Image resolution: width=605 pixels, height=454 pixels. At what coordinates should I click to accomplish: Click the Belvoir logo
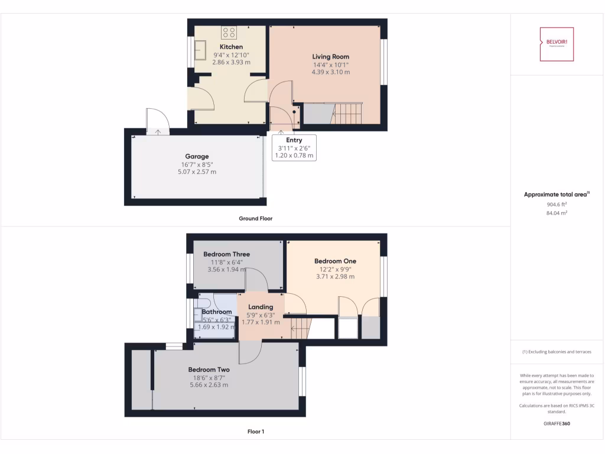point(557,44)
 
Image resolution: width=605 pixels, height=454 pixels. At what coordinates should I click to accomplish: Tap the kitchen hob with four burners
point(229,33)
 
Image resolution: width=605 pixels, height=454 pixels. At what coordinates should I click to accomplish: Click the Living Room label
point(330,57)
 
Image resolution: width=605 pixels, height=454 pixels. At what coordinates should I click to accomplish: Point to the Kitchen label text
point(231,47)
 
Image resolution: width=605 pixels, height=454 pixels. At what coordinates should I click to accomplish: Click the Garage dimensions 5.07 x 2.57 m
point(197,172)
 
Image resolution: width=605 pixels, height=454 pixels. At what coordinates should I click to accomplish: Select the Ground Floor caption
point(255,218)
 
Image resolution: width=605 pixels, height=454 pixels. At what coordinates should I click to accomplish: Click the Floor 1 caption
point(255,432)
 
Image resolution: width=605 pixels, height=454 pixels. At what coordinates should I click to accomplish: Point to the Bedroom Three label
point(226,254)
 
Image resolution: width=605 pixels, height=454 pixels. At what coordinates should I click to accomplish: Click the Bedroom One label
point(335,261)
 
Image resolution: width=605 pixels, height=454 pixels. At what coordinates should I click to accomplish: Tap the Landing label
point(261,307)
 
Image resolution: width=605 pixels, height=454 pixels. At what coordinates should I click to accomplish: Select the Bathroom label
point(217,312)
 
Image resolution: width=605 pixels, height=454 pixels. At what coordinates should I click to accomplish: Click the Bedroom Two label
point(209,369)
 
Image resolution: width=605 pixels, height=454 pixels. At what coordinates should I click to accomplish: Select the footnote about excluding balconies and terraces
point(557,352)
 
